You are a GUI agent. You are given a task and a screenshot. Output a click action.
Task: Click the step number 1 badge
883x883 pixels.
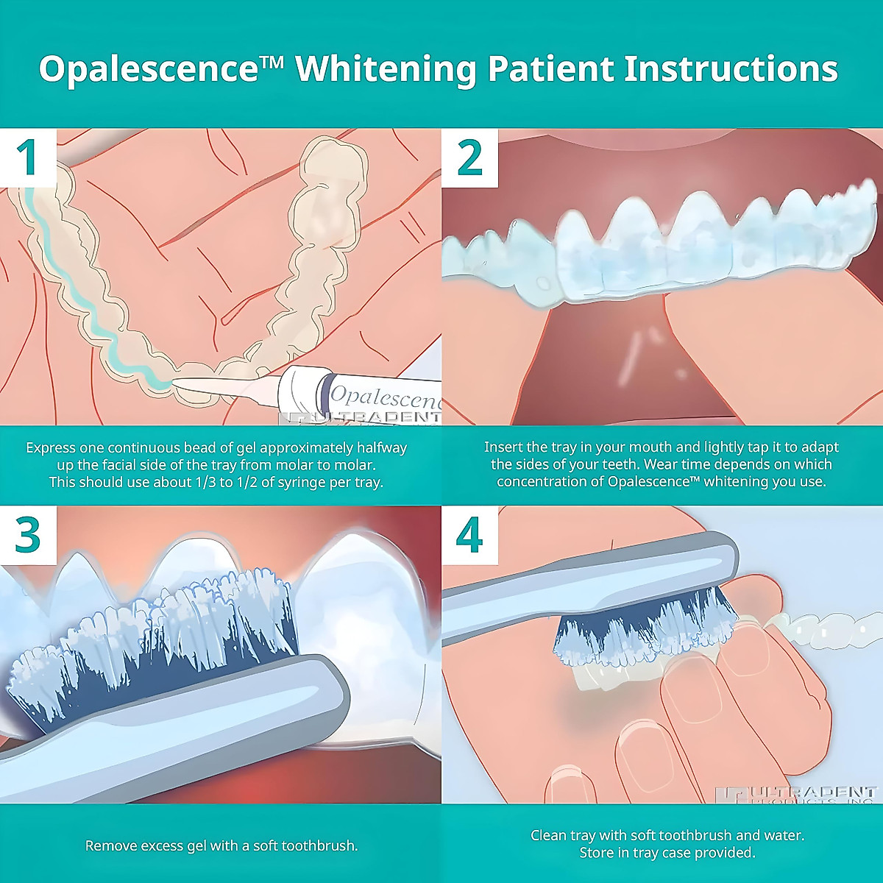point(28,157)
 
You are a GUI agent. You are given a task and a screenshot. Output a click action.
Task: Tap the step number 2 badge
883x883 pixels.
point(469,157)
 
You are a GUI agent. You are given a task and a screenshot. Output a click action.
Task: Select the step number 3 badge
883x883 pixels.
point(28,535)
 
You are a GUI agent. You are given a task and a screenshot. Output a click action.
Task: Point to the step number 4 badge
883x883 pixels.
point(469,535)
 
